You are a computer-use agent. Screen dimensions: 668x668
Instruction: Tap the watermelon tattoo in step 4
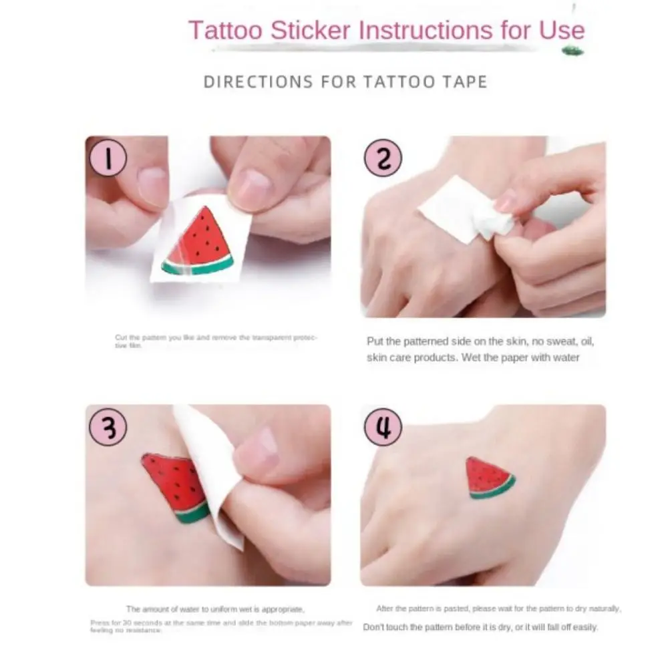(x=490, y=478)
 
